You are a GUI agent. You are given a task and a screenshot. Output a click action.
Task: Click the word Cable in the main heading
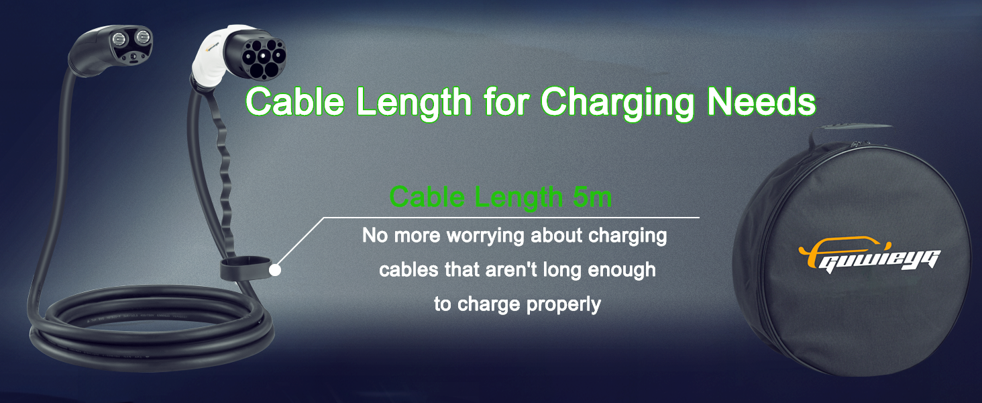(295, 101)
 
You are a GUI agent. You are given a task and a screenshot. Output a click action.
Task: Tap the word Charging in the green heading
(618, 103)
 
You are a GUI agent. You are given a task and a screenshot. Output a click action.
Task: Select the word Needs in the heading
(761, 101)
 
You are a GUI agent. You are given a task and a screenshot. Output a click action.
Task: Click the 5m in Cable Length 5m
(592, 197)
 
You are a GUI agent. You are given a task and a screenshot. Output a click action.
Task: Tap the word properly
(563, 305)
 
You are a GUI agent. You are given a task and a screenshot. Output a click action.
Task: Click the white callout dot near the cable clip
(275, 270)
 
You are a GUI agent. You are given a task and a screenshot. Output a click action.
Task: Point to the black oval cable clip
(246, 269)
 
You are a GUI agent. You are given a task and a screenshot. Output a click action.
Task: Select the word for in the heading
(506, 101)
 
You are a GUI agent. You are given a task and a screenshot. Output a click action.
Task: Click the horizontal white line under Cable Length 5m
(511, 218)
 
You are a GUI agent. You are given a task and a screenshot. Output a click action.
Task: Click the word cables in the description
(408, 269)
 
